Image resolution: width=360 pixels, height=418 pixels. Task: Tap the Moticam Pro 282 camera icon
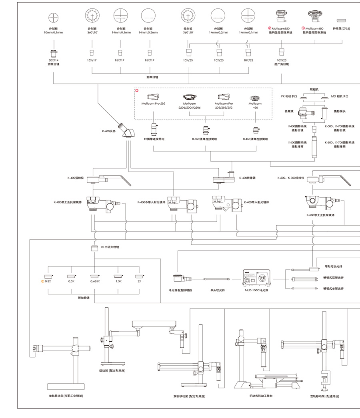(153, 97)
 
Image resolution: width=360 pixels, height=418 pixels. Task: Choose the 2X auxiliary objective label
(139, 281)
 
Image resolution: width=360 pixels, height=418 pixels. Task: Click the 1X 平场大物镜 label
(110, 247)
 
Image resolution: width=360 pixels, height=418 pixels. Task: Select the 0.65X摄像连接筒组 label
(204, 139)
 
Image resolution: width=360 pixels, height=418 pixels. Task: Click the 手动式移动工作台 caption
(260, 396)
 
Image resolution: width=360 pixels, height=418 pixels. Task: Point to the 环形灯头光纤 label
(332, 267)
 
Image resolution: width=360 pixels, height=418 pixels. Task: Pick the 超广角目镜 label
(281, 64)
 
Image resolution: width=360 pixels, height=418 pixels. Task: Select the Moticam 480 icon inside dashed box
(255, 98)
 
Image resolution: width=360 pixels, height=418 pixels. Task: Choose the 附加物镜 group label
(95, 297)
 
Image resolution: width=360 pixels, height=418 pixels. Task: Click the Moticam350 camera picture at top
(280, 15)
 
